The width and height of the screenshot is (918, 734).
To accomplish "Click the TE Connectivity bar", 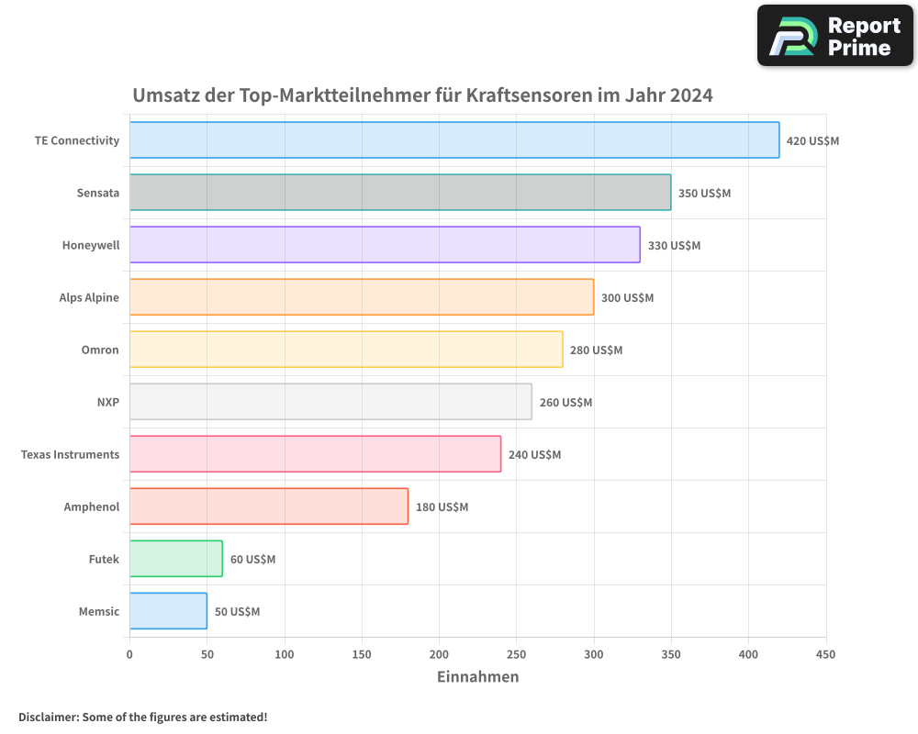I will [454, 140].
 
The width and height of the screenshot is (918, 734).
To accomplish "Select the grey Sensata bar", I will [400, 193].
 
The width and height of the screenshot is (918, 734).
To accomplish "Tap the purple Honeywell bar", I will [385, 245].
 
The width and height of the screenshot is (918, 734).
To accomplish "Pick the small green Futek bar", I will [175, 559].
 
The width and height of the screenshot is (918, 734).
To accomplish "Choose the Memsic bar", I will [168, 611].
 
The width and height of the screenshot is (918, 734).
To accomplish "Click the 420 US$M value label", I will [812, 141].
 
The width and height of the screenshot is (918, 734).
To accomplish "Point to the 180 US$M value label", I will [442, 507].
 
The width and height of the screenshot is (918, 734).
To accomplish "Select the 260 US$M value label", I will [565, 403].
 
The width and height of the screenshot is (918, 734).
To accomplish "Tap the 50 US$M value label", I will [237, 612].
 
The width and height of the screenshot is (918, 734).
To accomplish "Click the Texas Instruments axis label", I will [70, 455].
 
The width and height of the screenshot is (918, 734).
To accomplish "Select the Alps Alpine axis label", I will [89, 298].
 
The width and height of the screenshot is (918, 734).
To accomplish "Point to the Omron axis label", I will [100, 350].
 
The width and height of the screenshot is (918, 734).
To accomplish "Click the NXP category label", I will [107, 403].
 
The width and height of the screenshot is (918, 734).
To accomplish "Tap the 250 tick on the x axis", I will [516, 654].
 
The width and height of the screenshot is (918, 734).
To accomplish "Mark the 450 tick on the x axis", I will [825, 654].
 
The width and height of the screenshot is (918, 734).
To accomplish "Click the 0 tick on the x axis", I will [129, 654].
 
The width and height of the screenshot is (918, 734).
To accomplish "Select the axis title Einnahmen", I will [477, 677].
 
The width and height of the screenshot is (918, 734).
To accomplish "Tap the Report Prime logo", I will [835, 36].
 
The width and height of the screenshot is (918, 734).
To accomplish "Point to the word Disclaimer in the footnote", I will [48, 717].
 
